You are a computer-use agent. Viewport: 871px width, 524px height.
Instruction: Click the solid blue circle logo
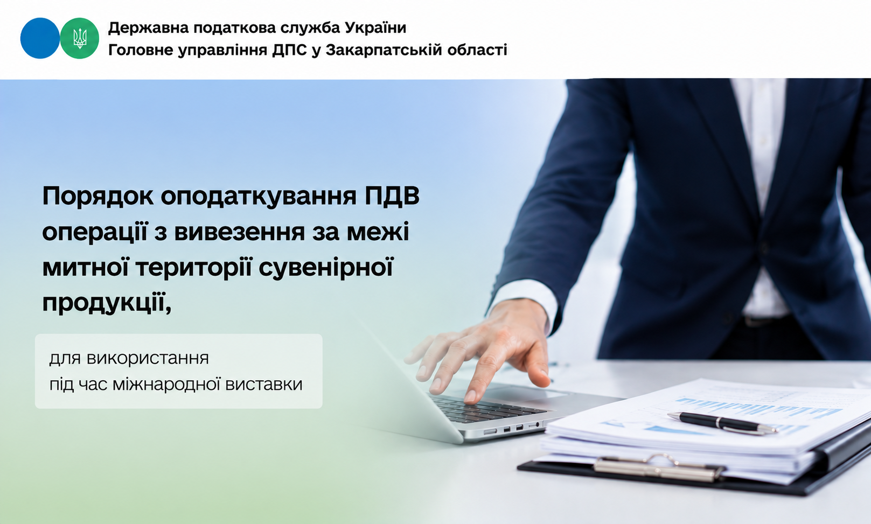point(40,38)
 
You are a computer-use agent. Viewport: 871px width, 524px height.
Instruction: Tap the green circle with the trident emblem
point(80,38)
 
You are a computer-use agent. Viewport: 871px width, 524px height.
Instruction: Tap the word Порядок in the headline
point(98,197)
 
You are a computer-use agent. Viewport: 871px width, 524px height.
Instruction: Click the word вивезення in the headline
point(240,232)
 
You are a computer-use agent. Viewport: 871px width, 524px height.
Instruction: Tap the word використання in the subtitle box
point(148,358)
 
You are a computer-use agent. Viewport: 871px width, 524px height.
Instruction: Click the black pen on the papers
point(722,423)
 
